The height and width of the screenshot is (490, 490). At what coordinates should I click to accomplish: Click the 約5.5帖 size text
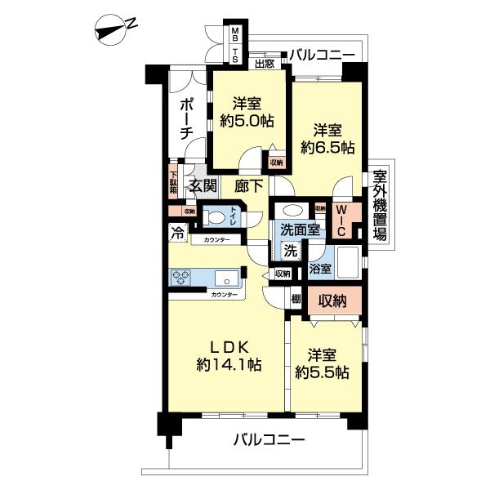point(323,372)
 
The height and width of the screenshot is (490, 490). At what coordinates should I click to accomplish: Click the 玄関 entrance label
point(203,185)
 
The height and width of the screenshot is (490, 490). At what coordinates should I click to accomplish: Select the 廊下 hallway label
point(247,185)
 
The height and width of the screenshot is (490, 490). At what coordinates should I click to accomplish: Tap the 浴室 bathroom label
point(320,269)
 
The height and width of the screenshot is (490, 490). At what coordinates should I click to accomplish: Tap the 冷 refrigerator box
point(177,232)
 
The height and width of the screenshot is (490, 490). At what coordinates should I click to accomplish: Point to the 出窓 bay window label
point(264,64)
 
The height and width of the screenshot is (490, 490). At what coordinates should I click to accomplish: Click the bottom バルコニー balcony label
point(269,439)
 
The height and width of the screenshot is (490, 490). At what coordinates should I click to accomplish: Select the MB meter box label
point(235,35)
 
